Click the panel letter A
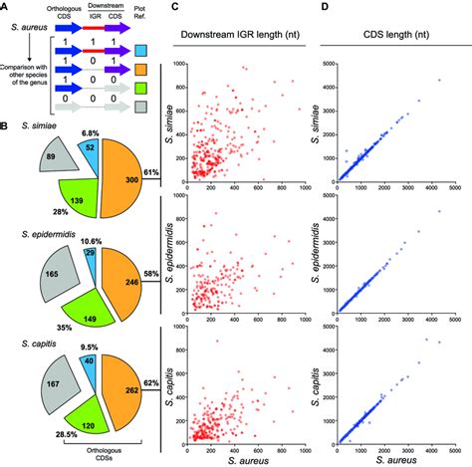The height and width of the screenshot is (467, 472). click(7, 9)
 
